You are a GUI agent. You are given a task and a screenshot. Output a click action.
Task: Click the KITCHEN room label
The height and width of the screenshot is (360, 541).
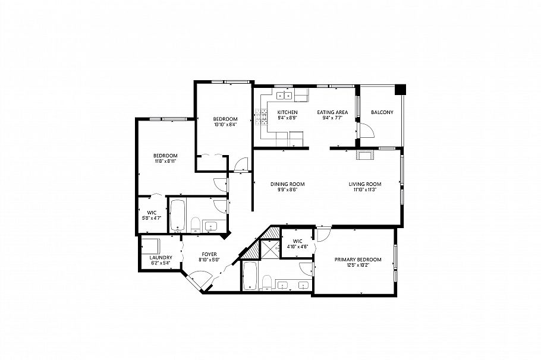pyautogui.click(x=287, y=112)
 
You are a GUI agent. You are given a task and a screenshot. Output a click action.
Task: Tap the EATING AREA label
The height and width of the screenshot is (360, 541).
pyautogui.click(x=332, y=112)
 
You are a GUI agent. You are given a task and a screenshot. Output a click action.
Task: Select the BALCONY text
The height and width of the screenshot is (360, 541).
pyautogui.click(x=381, y=112)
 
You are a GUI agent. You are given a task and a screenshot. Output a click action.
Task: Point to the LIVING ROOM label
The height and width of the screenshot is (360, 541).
pyautogui.click(x=364, y=184)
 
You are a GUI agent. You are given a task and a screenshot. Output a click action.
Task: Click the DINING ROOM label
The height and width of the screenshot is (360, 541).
pyautogui.click(x=288, y=184)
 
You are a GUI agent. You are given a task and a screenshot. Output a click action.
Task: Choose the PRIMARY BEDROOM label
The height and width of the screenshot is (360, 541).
pyautogui.click(x=357, y=260)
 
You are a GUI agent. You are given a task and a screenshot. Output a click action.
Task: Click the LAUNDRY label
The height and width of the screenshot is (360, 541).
pyautogui.click(x=160, y=257)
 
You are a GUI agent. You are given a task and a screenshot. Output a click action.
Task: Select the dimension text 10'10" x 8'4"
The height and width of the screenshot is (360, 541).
pyautogui.click(x=225, y=125)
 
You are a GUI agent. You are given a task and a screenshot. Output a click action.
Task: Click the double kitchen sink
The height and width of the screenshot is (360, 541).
pyautogui.click(x=283, y=94)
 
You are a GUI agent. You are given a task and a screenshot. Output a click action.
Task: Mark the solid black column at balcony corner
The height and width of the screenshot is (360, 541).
pyautogui.click(x=400, y=89)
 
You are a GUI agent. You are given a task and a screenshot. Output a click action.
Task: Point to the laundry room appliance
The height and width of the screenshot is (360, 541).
pyautogui.click(x=151, y=245)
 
